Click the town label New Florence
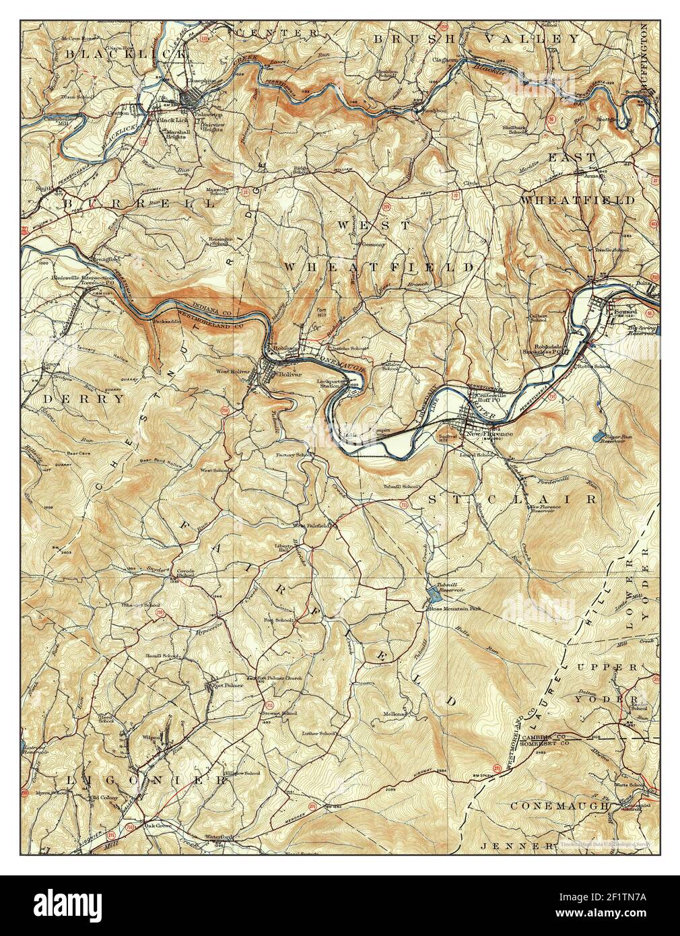point(489,434)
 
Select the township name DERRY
point(84,399)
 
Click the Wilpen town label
point(151,737)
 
